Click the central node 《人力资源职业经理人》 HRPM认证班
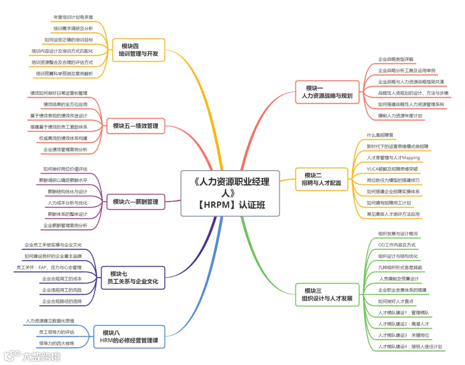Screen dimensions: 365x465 [x=230, y=193]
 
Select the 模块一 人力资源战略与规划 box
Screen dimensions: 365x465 [x=327, y=92]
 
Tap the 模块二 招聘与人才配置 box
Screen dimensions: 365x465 [x=321, y=179]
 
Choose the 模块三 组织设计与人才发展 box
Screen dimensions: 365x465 [x=327, y=294]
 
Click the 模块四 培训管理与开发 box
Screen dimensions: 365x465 [x=139, y=50]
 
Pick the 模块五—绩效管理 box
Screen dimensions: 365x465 [x=136, y=126]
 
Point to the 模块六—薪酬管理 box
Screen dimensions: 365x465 [x=136, y=201]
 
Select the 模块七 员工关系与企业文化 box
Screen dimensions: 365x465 [x=133, y=278]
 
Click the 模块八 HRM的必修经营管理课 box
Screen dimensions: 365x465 [x=129, y=337]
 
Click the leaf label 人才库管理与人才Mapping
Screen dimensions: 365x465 [x=393, y=158]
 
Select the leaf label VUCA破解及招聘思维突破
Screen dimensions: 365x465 [x=392, y=169]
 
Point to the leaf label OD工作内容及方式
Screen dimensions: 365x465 [x=397, y=245]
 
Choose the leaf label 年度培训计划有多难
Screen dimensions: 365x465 [x=73, y=17]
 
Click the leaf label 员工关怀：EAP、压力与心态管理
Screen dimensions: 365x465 [x=49, y=268]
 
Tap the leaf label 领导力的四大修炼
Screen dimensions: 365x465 [x=56, y=343]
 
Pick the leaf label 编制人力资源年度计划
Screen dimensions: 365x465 [x=400, y=115]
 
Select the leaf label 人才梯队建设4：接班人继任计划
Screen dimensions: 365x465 [x=409, y=346]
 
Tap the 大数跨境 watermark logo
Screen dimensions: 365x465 [x=32, y=356]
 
